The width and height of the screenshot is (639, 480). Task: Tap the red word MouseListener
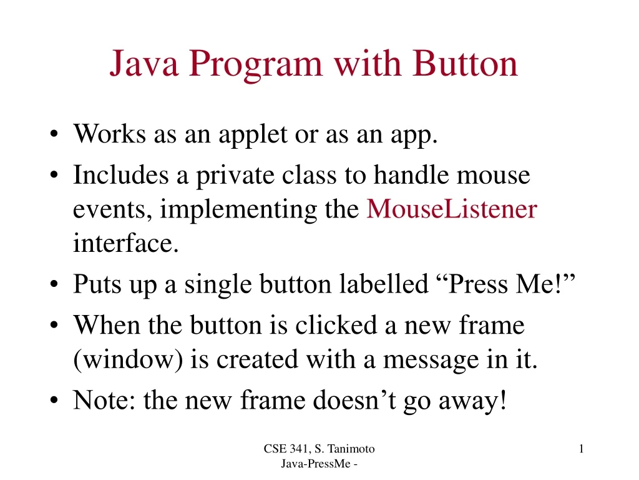(451, 209)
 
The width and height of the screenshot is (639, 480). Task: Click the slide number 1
(581, 448)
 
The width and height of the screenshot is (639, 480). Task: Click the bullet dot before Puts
(56, 286)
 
